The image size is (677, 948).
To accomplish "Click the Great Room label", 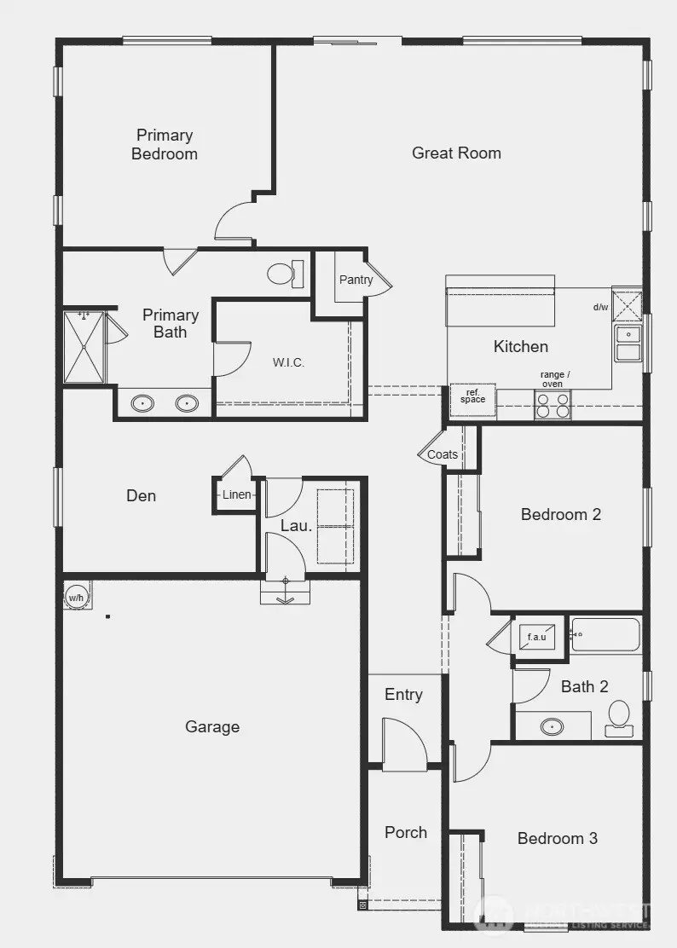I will [x=456, y=153].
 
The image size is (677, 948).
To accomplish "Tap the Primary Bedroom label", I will [x=165, y=145].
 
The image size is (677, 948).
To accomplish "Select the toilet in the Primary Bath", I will [x=281, y=274].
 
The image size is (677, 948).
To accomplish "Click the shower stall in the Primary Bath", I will [x=84, y=348].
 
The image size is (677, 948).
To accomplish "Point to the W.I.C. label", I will [x=288, y=362].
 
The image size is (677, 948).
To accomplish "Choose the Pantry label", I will [x=356, y=280].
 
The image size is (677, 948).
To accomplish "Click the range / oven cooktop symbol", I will [x=553, y=406].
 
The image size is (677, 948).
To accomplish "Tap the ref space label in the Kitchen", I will [x=472, y=396].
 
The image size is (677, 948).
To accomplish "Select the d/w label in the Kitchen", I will [x=601, y=307].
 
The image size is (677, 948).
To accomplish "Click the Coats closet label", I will [x=443, y=454].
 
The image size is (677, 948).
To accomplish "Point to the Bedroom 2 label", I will [x=561, y=514].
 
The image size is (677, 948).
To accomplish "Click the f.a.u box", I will [x=536, y=638].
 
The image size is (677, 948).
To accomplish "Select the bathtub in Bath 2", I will [x=605, y=635].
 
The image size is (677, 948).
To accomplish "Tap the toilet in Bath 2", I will [x=619, y=718].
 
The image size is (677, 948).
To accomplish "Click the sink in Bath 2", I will [x=553, y=727].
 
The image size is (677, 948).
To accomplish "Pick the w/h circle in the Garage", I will [x=76, y=598].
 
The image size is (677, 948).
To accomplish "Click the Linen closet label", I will [x=236, y=495].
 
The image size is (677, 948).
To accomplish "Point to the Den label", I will [x=142, y=495].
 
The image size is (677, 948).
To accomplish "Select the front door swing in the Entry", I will [x=403, y=743].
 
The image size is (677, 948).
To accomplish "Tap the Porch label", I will [x=406, y=832].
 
